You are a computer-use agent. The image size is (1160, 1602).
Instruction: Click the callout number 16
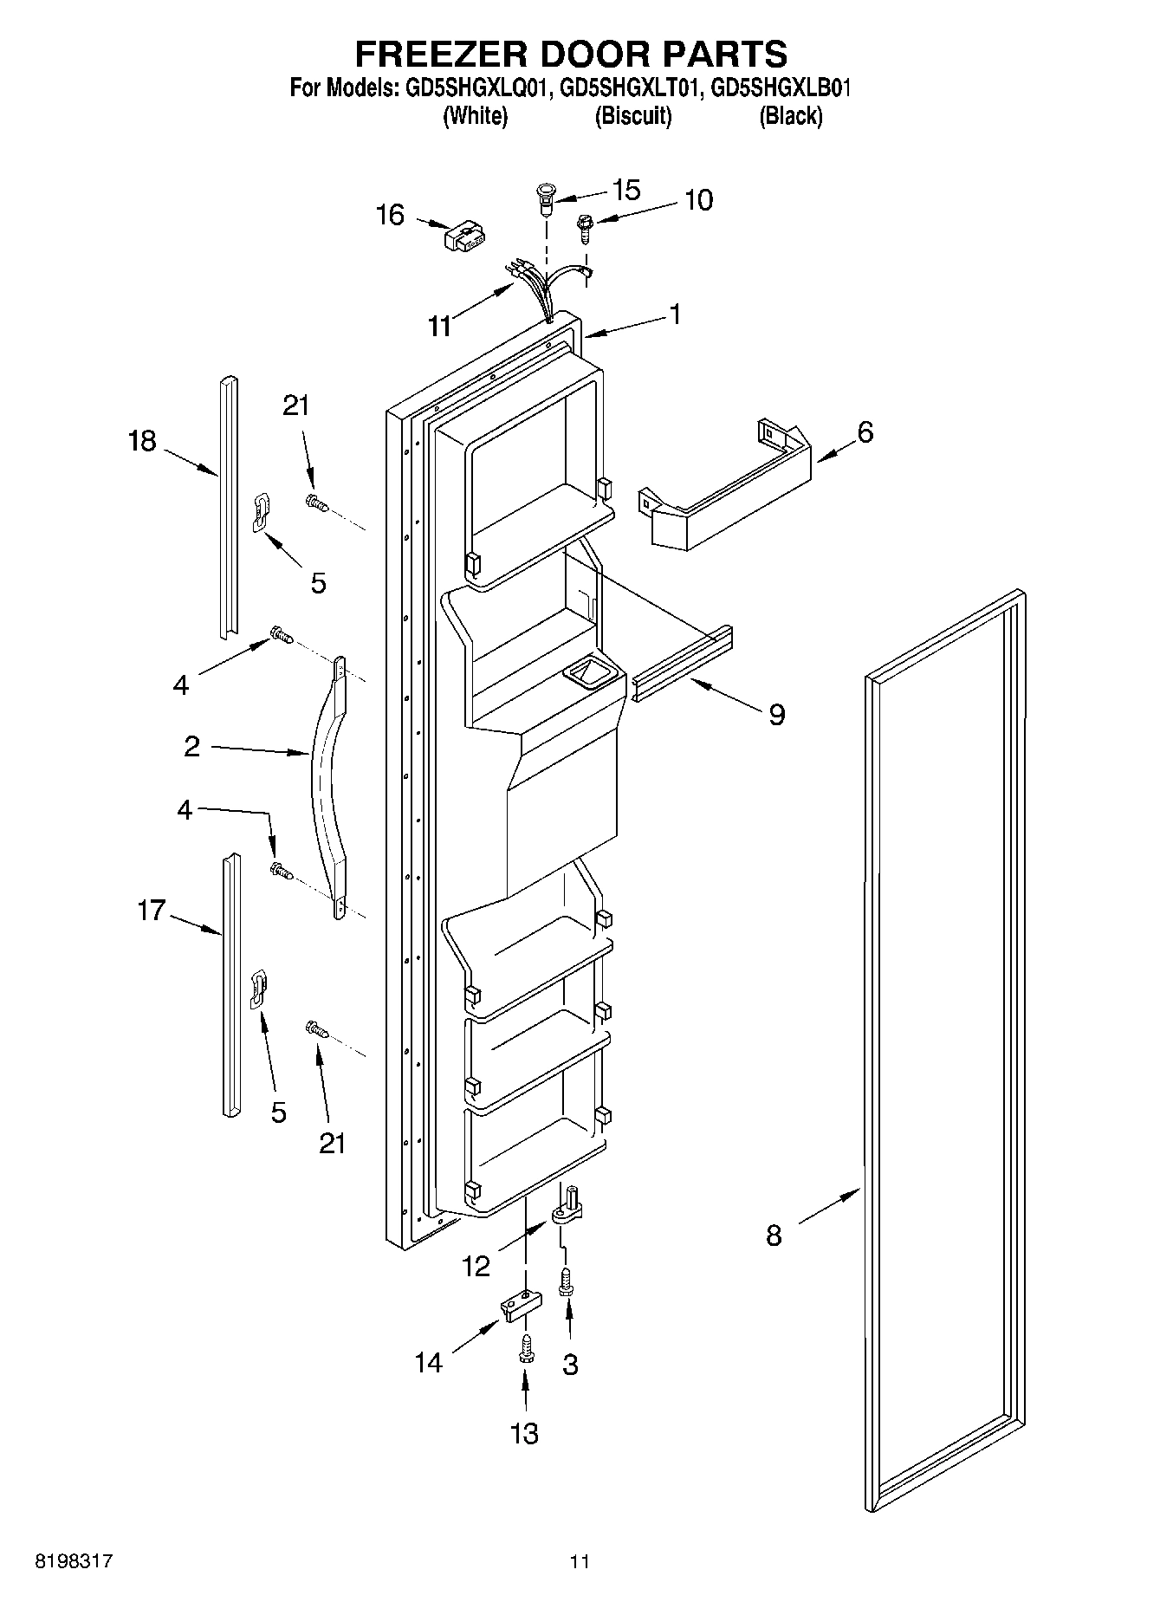(x=390, y=215)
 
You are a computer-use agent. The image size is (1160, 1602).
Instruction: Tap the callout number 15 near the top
(x=625, y=190)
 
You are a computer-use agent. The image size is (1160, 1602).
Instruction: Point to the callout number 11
(x=440, y=327)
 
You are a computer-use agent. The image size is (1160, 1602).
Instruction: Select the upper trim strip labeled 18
(x=227, y=507)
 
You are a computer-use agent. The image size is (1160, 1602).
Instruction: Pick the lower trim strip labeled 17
(x=229, y=983)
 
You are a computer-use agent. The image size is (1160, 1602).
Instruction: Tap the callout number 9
(x=776, y=715)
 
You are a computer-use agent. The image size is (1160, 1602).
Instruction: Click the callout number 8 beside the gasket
(x=774, y=1235)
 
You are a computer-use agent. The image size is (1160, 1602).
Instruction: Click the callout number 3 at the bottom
(x=570, y=1365)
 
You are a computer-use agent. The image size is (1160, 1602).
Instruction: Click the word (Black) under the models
(x=790, y=116)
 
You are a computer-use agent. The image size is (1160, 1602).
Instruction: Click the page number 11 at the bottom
(x=580, y=1562)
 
